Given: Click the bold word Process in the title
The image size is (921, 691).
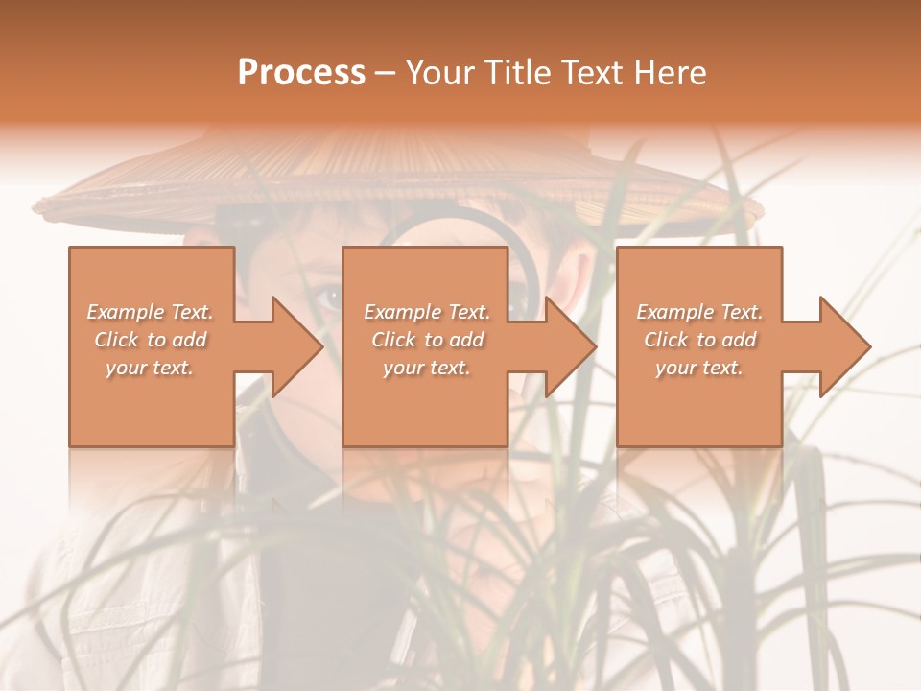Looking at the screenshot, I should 301,73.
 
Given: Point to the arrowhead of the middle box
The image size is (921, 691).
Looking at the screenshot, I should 570,346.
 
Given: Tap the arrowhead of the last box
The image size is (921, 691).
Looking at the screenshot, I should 844,346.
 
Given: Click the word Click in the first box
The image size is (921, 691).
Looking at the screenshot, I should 116,340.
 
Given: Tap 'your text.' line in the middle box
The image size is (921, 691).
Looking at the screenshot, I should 426,368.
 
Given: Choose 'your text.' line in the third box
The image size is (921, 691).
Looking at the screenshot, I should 698,368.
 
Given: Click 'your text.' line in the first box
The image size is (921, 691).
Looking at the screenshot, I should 150,368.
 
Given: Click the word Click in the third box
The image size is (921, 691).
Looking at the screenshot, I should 666,340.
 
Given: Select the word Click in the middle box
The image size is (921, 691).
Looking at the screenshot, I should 393,340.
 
